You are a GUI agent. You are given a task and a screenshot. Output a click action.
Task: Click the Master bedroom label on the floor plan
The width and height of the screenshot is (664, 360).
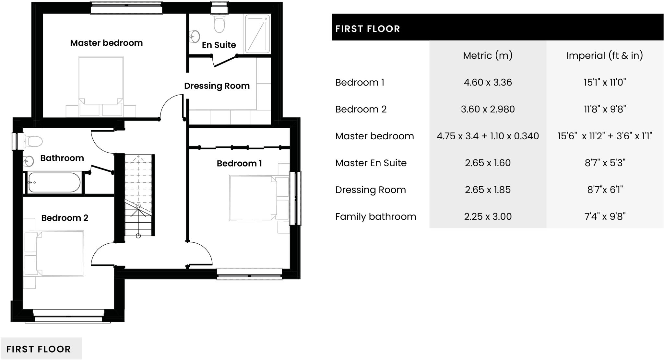(106, 43)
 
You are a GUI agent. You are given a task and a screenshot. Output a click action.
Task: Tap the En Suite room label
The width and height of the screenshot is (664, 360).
(219, 45)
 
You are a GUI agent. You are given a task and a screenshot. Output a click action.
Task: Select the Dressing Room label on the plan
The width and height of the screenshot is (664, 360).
(217, 86)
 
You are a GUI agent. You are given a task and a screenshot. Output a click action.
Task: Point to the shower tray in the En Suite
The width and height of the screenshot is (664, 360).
(257, 34)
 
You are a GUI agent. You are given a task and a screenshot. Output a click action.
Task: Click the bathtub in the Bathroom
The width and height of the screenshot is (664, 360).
(54, 182)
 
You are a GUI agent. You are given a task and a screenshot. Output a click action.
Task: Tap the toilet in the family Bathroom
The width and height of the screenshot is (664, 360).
(33, 141)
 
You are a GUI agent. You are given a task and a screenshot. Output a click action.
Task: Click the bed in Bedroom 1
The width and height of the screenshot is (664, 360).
(253, 198)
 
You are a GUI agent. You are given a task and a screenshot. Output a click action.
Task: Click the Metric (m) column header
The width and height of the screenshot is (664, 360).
(488, 55)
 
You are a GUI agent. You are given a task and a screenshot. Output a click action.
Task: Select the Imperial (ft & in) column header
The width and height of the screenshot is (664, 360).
(605, 55)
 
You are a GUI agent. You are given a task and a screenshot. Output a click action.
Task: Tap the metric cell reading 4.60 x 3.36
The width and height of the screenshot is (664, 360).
(488, 82)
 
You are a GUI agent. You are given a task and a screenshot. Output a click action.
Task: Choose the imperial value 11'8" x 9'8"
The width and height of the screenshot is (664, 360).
(605, 109)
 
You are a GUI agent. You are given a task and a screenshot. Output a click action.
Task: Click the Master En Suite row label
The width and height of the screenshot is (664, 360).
(371, 163)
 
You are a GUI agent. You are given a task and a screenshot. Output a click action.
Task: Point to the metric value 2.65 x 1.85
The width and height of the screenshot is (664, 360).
(488, 190)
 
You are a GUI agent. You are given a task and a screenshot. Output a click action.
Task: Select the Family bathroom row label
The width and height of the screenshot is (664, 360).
(375, 216)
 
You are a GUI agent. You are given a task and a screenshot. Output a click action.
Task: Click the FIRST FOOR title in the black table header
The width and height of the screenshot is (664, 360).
(368, 29)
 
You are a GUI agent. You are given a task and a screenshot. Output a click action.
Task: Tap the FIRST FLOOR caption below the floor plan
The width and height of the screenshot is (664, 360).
(39, 349)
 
